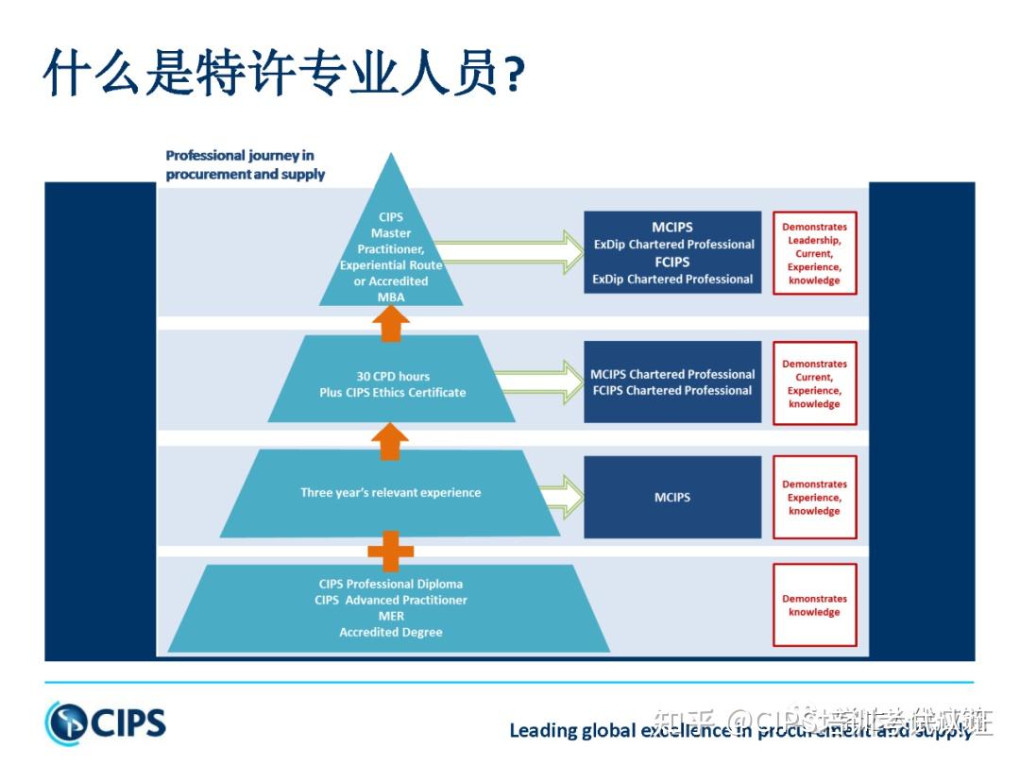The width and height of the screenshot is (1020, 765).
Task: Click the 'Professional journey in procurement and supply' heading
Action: pos(245,164)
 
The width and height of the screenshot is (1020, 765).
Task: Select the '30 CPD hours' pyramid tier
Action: pos(392,383)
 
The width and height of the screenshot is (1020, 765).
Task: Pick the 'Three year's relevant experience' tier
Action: pos(390,493)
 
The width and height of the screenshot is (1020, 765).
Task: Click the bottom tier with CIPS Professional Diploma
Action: pos(390,608)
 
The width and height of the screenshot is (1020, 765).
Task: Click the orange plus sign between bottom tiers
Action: pos(391,550)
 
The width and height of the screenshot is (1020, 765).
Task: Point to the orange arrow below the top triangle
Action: pos(391,323)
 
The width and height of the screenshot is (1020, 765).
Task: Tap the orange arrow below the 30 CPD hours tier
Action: pos(391,439)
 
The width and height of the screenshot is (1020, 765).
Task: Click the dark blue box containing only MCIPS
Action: pos(672,497)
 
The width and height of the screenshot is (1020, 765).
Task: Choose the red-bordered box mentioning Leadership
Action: pos(814,253)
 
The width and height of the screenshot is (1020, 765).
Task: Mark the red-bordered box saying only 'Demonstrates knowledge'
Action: pos(814,605)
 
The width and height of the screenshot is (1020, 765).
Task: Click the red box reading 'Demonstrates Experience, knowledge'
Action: pos(814,498)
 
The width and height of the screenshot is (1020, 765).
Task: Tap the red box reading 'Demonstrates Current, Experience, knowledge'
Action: pos(814,383)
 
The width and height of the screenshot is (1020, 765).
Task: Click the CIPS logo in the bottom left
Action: pos(105,722)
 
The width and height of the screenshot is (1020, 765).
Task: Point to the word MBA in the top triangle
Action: pos(391,297)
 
